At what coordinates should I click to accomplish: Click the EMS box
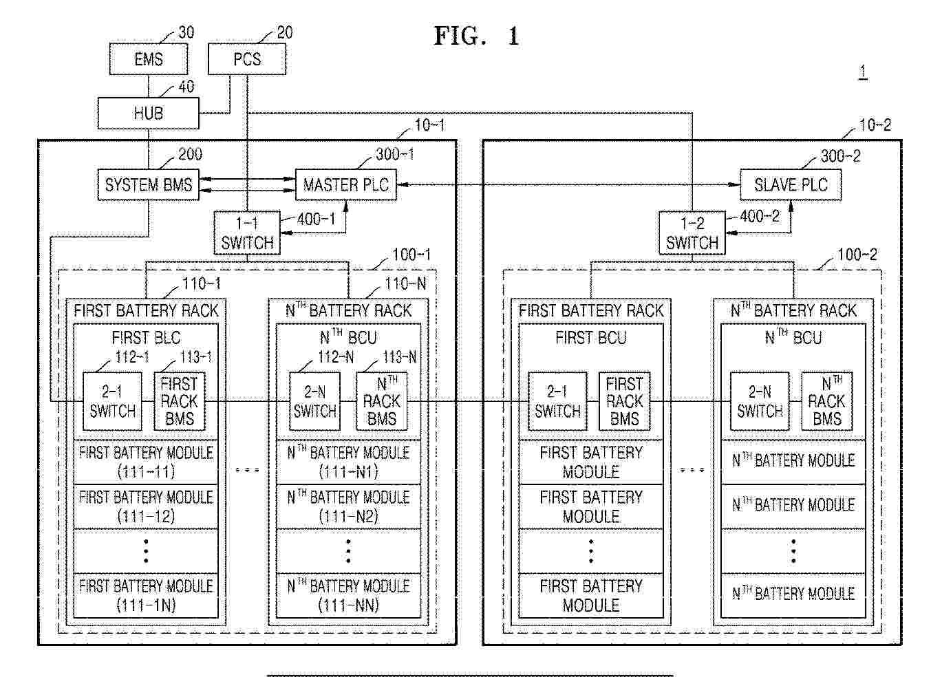pyautogui.click(x=149, y=59)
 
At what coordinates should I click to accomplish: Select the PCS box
pyautogui.click(x=247, y=59)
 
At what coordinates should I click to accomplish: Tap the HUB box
pyautogui.click(x=149, y=113)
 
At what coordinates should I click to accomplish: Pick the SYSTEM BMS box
pyautogui.click(x=149, y=184)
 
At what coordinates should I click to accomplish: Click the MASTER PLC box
pyautogui.click(x=346, y=184)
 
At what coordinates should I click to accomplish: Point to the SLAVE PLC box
pyautogui.click(x=791, y=184)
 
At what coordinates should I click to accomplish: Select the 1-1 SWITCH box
pyautogui.click(x=247, y=233)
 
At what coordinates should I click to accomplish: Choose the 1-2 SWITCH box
pyautogui.click(x=692, y=233)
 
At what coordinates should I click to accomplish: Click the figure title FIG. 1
pyautogui.click(x=476, y=36)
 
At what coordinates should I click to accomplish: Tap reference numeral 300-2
pyautogui.click(x=840, y=156)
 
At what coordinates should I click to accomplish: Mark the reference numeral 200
pyautogui.click(x=190, y=154)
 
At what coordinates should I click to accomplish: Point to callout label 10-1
pyautogui.click(x=429, y=125)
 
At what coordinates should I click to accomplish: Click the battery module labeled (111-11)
pyautogui.click(x=146, y=462)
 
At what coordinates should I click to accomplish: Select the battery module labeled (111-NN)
pyautogui.click(x=348, y=596)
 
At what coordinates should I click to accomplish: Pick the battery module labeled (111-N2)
pyautogui.click(x=348, y=507)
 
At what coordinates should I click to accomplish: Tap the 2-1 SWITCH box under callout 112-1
pyautogui.click(x=112, y=401)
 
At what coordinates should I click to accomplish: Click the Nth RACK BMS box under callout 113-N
pyautogui.click(x=381, y=401)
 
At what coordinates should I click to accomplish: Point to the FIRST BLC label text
pyautogui.click(x=146, y=338)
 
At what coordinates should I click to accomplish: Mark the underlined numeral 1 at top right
pyautogui.click(x=863, y=72)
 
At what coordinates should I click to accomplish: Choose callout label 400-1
pyautogui.click(x=317, y=219)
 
